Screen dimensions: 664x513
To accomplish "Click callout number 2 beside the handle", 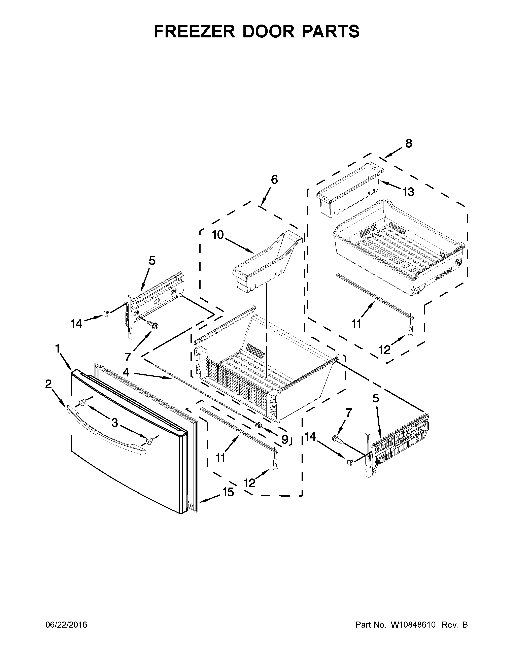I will pos(48,384).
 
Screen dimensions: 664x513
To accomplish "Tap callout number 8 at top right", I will pos(409,143).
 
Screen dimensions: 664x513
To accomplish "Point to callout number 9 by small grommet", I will pos(284,439).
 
